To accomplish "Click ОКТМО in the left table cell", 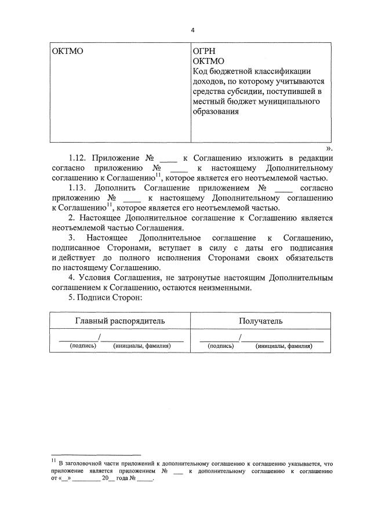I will tap(68, 52).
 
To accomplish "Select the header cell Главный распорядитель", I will tap(121, 321).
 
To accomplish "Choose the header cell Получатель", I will tap(261, 321).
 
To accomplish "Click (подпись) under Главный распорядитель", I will tap(79, 346).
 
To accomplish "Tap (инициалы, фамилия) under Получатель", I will tap(283, 346).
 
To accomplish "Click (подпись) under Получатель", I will tap(221, 346).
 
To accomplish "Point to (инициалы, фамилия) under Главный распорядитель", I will tap(142, 346).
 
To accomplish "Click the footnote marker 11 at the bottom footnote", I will tap(53, 461).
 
